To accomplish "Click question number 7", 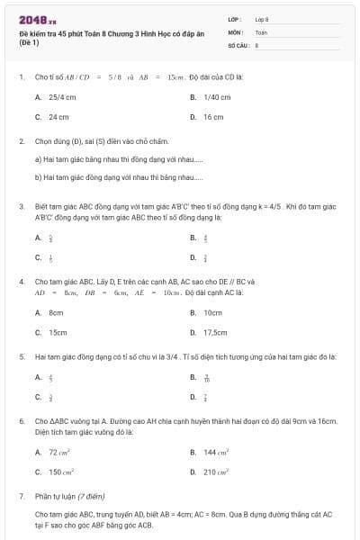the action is pyautogui.click(x=22, y=495).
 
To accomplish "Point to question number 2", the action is pyautogui.click(x=22, y=141).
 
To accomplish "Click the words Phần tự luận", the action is pyautogui.click(x=57, y=495).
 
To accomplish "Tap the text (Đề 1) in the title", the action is pyautogui.click(x=28, y=41).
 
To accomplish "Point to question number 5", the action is pyautogui.click(x=22, y=356).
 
